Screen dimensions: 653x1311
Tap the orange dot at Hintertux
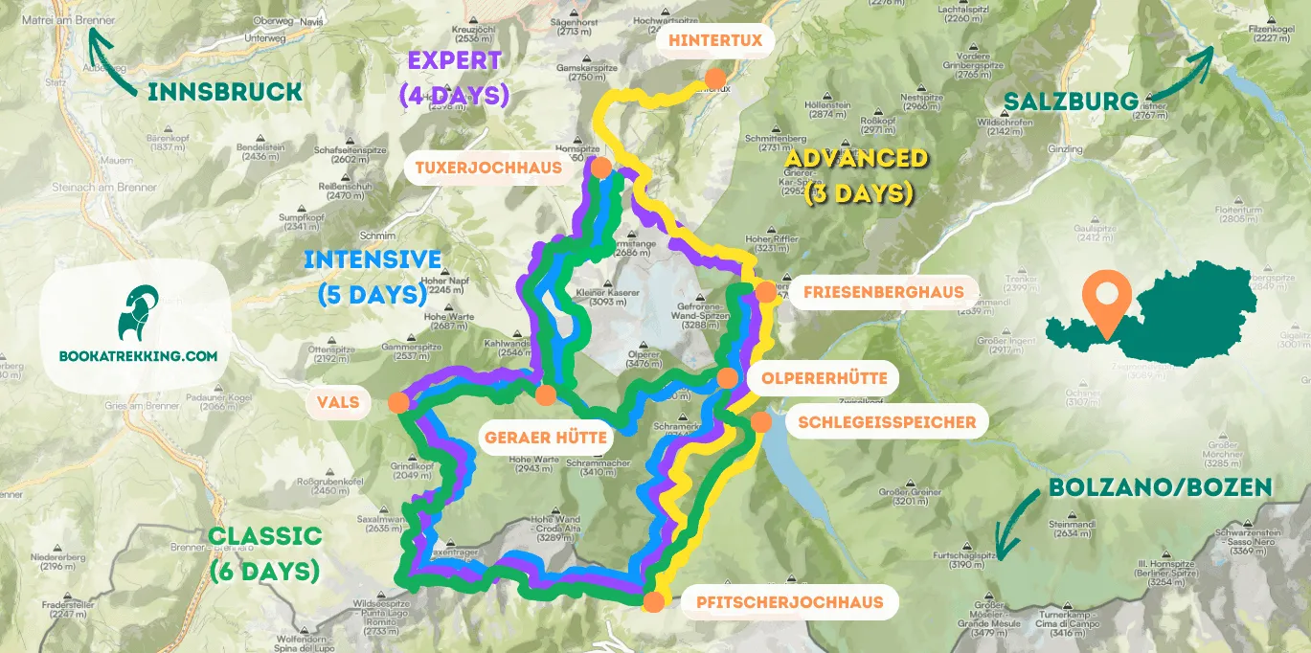pyautogui.click(x=713, y=79)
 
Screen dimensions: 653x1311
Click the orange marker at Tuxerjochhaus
pyautogui.click(x=601, y=169)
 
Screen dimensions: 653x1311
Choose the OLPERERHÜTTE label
pyautogui.click(x=824, y=378)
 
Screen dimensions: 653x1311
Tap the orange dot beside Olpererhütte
pyautogui.click(x=727, y=378)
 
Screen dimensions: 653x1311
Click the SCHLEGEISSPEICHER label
pyautogui.click(x=880, y=421)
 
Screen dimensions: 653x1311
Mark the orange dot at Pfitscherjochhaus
pyautogui.click(x=653, y=601)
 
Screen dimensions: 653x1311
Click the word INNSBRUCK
pyautogui.click(x=225, y=92)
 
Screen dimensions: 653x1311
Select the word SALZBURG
pyautogui.click(x=1071, y=101)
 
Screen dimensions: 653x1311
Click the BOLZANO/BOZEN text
pyautogui.click(x=1160, y=486)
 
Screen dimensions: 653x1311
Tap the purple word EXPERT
pyautogui.click(x=454, y=60)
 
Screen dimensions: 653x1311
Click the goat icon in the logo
pyautogui.click(x=134, y=314)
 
